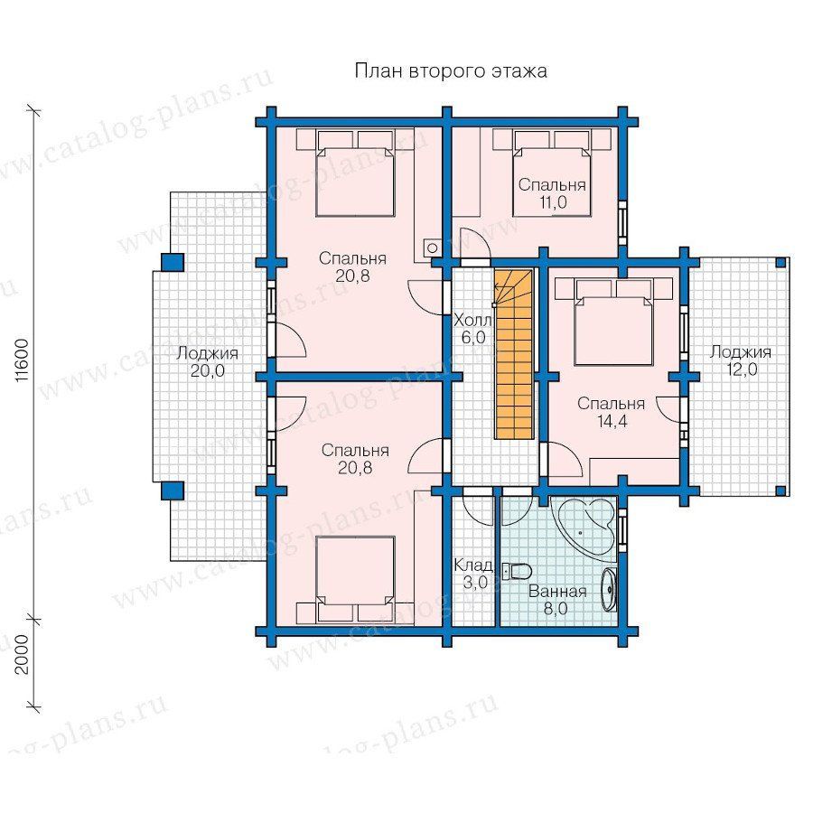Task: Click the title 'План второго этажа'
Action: coord(451,70)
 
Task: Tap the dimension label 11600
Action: coord(21,361)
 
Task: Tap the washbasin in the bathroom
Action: coord(610,589)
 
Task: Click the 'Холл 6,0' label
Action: coord(472,329)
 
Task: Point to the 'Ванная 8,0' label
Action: coord(556,600)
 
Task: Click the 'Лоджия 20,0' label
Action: coord(207,362)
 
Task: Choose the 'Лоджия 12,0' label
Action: coord(741,360)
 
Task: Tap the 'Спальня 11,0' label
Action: coord(552,193)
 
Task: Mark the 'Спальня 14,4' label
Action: coord(612,412)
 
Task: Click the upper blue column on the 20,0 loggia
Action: coord(173,262)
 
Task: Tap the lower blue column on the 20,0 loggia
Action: coord(173,491)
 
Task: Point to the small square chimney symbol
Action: coord(432,248)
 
